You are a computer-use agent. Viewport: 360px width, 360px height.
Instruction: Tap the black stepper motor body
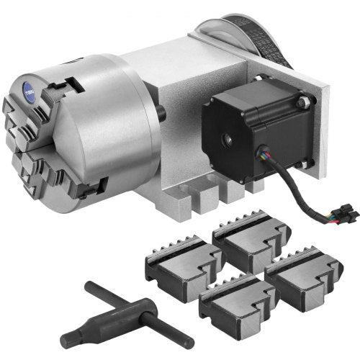point(245,126)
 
